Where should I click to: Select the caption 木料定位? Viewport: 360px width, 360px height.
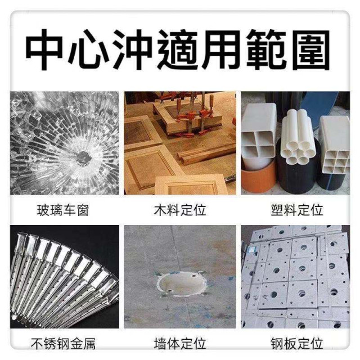click(180, 211)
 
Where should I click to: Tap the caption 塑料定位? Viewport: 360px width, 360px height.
click(297, 211)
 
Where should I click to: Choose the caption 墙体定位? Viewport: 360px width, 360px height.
click(180, 343)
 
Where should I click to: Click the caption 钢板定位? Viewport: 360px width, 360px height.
click(297, 343)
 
